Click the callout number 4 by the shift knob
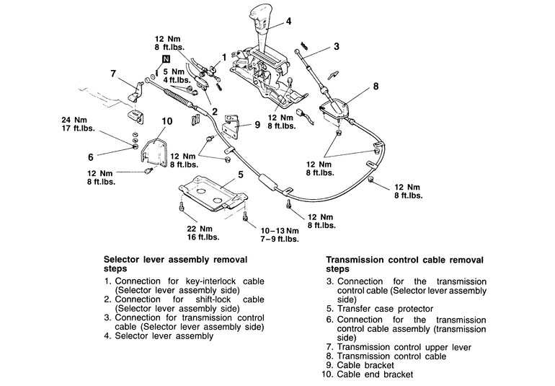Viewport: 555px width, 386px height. pyautogui.click(x=288, y=21)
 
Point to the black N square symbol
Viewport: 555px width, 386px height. pyautogui.click(x=166, y=58)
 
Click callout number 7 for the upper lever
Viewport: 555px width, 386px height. pyautogui.click(x=113, y=73)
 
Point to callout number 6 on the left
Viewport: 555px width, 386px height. pyautogui.click(x=91, y=156)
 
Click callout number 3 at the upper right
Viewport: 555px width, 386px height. pyautogui.click(x=336, y=47)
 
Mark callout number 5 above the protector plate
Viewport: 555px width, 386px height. pyautogui.click(x=240, y=174)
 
